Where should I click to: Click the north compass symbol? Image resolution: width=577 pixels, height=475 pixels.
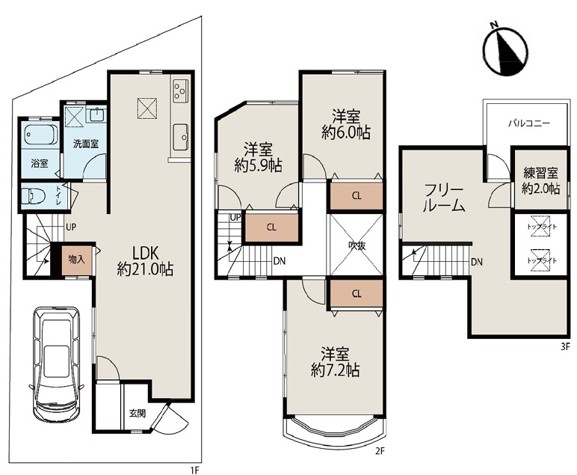(x=506, y=52)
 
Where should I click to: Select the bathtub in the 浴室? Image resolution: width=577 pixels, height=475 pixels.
(x=40, y=135)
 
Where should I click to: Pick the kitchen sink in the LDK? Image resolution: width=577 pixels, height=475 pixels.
(x=180, y=138)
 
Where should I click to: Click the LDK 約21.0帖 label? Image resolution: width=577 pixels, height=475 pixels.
(x=145, y=261)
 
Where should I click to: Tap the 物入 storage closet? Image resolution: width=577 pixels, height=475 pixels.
(x=76, y=260)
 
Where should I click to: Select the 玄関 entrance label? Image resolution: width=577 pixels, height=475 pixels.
(x=137, y=413)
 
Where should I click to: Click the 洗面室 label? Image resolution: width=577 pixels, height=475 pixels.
(x=85, y=144)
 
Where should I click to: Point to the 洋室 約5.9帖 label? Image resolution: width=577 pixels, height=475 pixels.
(x=259, y=158)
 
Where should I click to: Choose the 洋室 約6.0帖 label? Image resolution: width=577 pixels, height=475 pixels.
(x=346, y=124)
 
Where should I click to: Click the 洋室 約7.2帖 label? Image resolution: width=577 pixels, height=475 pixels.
(x=335, y=361)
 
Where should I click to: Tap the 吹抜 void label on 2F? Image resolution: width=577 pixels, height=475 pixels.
(x=357, y=245)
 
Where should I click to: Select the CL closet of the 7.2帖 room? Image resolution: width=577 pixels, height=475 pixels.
(x=357, y=293)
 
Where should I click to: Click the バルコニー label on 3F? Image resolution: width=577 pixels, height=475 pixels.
(x=529, y=123)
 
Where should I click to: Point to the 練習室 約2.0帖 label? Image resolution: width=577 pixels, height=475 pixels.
(x=541, y=181)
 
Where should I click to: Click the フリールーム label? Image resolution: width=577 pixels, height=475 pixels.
(x=443, y=198)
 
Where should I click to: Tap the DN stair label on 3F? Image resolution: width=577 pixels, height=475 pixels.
(x=477, y=262)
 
